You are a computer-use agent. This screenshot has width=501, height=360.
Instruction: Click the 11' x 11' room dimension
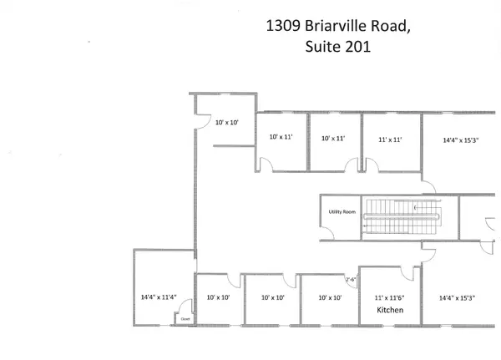(391, 139)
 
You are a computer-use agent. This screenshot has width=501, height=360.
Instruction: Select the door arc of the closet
(187, 304)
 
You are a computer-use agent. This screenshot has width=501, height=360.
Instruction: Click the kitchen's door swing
(408, 274)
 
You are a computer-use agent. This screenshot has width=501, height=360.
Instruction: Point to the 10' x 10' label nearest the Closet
(217, 297)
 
